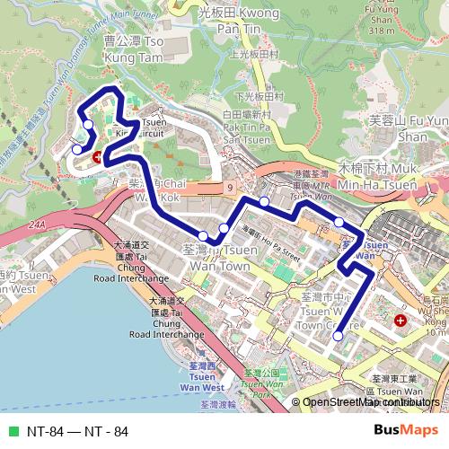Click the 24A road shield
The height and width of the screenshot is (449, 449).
point(35,225)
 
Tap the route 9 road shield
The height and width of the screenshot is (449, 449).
point(231,186)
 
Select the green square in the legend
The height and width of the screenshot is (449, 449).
point(12,431)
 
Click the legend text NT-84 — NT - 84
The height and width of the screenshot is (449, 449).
point(77,431)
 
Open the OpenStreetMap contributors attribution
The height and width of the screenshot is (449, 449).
point(368,402)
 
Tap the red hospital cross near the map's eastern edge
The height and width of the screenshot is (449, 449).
point(400,320)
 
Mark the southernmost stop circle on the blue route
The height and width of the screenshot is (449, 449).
point(338,336)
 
